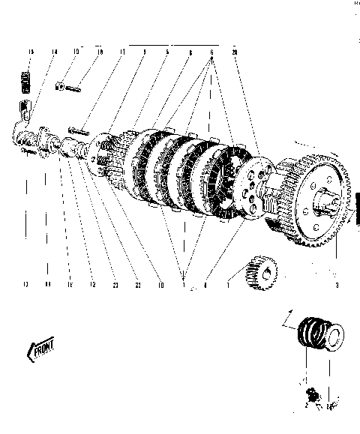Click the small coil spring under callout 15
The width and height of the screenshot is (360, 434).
28,82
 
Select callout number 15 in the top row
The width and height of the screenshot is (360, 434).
30,52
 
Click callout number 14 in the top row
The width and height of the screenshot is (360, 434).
54,52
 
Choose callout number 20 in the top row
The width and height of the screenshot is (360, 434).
235,52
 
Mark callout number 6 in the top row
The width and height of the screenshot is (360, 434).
212,52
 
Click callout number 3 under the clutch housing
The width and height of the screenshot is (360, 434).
337,285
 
